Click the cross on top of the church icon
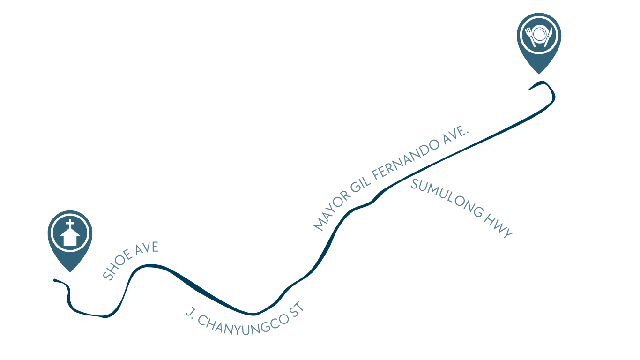[x=70, y=224]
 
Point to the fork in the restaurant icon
[x=530, y=37]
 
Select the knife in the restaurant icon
[x=548, y=37]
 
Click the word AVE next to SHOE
[x=147, y=247]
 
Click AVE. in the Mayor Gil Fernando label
[x=456, y=135]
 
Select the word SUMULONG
[x=447, y=198]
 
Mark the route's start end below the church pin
[x=54, y=280]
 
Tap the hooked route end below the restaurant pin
[x=528, y=90]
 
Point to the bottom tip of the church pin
[x=70, y=272]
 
